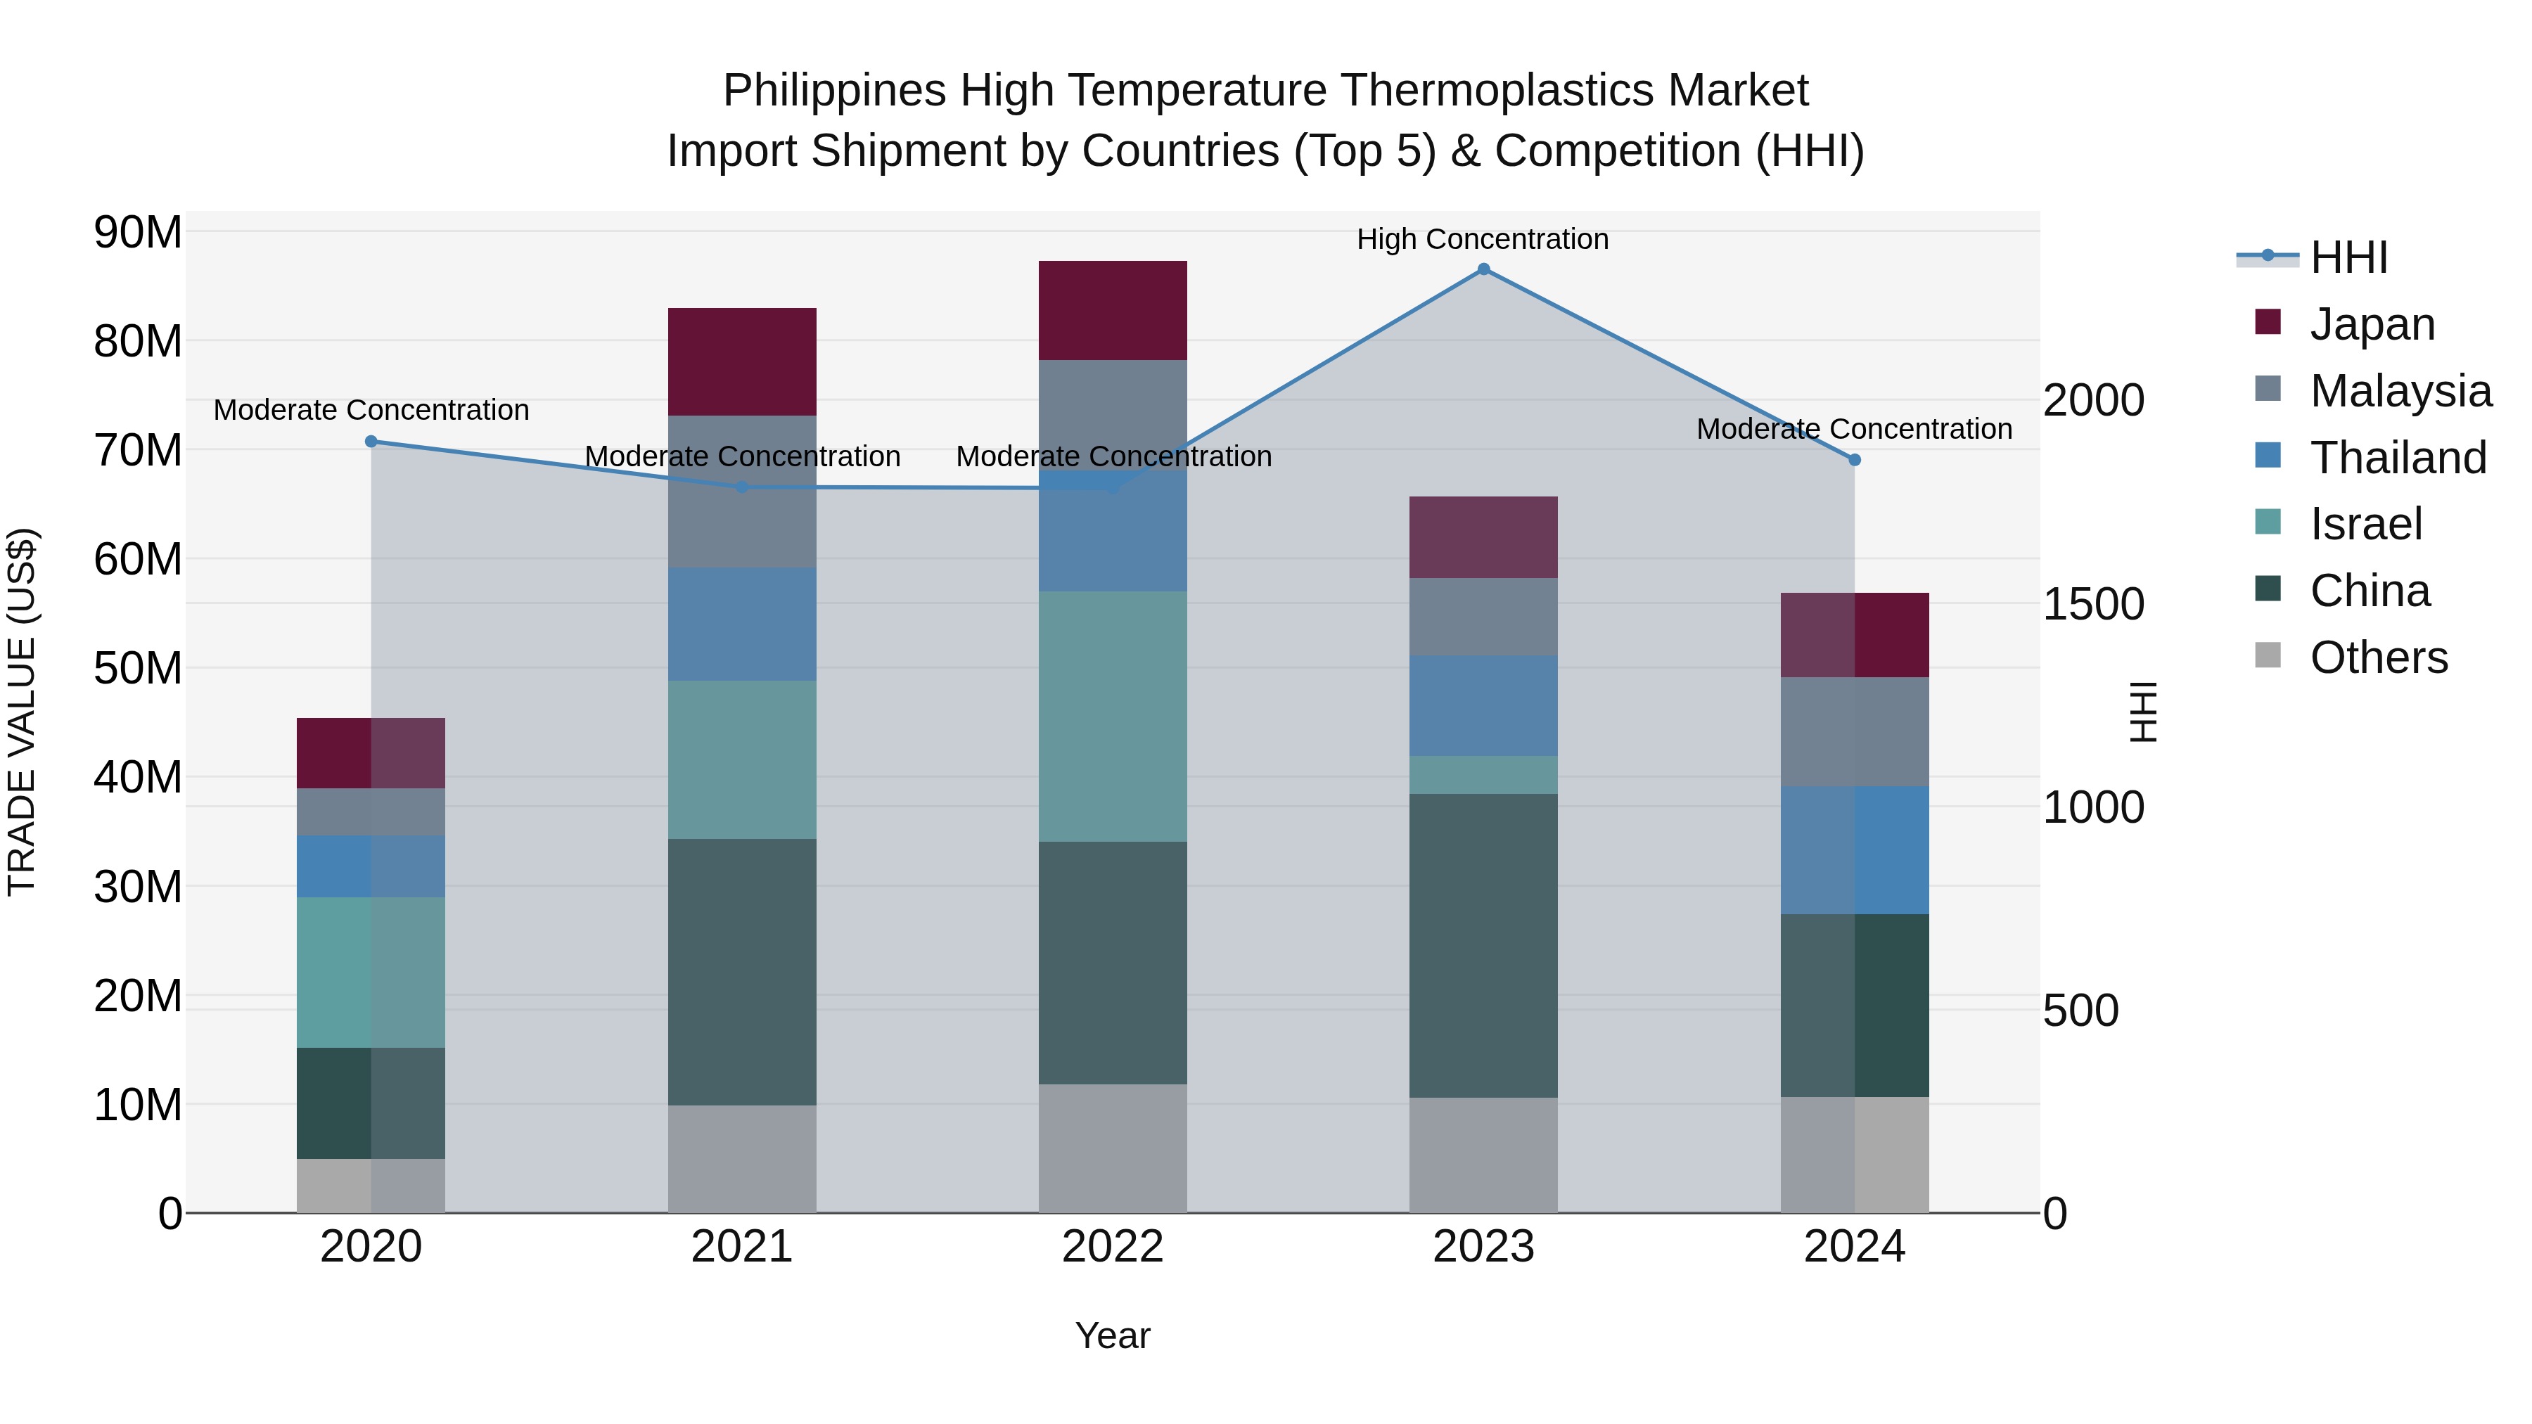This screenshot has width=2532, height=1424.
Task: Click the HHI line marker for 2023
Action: pyautogui.click(x=1483, y=269)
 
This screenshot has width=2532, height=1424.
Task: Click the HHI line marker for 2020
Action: pyautogui.click(x=371, y=441)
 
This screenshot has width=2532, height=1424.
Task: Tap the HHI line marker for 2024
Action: pyautogui.click(x=1854, y=460)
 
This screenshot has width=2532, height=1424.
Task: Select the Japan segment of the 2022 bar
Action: pyautogui.click(x=1113, y=311)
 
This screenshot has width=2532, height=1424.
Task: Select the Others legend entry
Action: pyautogui.click(x=2378, y=658)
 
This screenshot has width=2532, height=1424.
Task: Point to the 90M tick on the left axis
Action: pyautogui.click(x=138, y=233)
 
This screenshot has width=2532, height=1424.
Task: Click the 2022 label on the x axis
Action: pyautogui.click(x=1113, y=1246)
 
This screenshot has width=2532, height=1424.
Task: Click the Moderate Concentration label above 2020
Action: pyautogui.click(x=371, y=410)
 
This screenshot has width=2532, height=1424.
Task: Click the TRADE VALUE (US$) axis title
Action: pyautogui.click(x=22, y=712)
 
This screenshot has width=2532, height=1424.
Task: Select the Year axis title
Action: pyautogui.click(x=1113, y=1335)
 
